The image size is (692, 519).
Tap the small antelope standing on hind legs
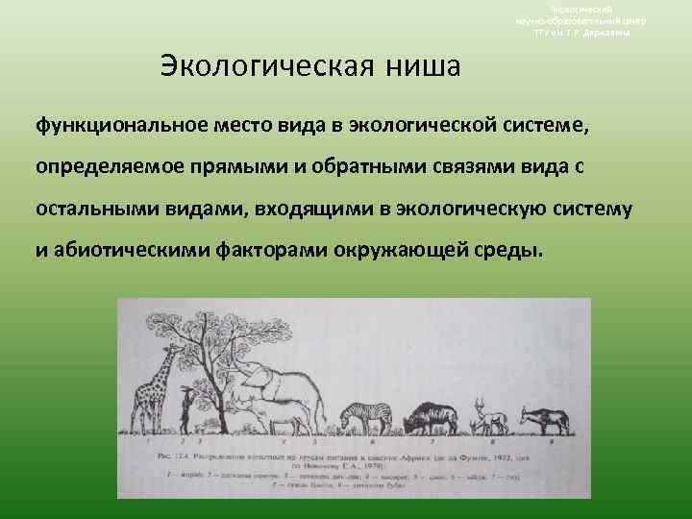(185, 408)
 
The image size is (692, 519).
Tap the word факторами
(283, 252)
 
